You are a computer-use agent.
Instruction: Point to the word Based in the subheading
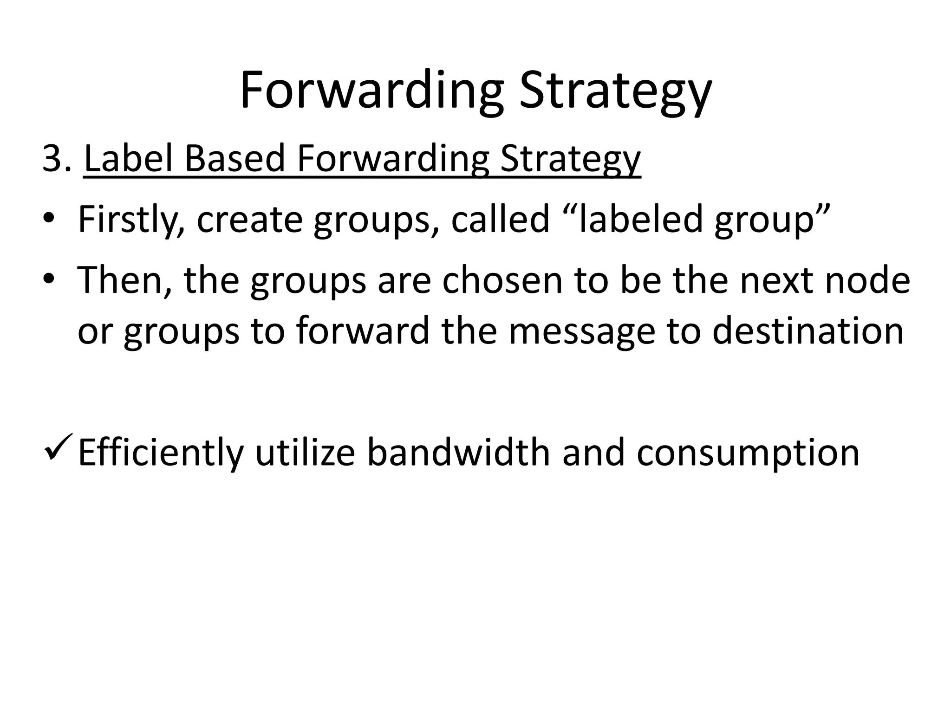point(234,159)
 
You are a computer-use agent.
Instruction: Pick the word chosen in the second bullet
point(502,280)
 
